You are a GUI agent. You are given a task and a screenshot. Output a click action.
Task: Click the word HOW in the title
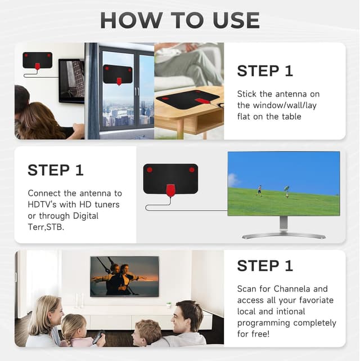click(x=131, y=20)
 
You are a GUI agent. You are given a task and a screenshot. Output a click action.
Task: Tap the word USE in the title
click(x=236, y=20)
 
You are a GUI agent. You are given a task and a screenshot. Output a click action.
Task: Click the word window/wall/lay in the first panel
click(x=285, y=105)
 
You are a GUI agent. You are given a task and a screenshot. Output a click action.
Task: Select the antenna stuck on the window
click(x=118, y=74)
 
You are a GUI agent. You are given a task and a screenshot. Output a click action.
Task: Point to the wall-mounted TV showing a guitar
click(x=71, y=81)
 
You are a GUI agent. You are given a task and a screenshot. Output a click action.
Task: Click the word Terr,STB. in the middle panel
click(x=46, y=227)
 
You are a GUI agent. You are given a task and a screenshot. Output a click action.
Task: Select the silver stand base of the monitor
click(x=284, y=236)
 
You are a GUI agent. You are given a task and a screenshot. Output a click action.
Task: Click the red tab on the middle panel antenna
click(x=170, y=190)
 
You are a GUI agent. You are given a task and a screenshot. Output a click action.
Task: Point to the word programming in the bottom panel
click(x=263, y=323)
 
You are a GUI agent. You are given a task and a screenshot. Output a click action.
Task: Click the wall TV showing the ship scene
click(x=124, y=277)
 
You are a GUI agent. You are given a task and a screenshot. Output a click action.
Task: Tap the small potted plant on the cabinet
click(x=169, y=305)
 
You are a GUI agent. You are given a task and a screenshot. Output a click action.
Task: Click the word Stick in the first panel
click(x=247, y=94)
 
